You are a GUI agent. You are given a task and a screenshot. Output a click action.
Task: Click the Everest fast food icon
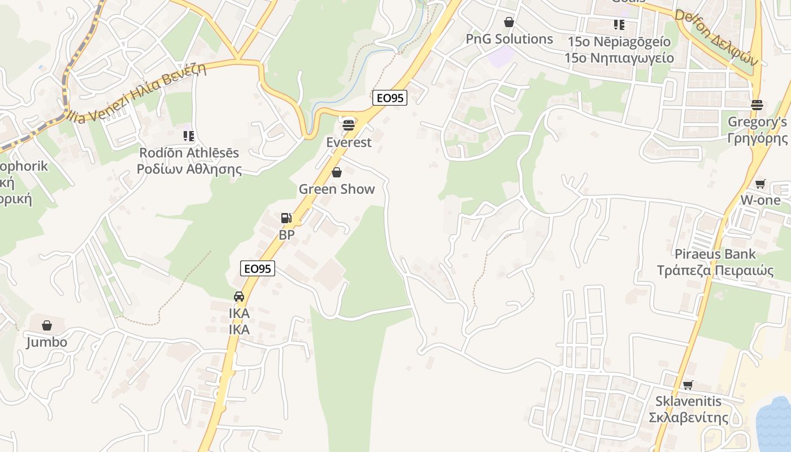(349, 124)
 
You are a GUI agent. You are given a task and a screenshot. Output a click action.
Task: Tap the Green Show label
(337, 189)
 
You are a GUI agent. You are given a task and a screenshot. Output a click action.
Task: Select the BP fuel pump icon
(286, 218)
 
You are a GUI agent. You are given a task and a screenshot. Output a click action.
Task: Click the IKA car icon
(239, 297)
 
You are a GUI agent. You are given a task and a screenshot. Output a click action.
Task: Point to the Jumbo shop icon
(47, 325)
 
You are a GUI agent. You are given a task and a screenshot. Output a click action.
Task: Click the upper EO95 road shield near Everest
(390, 98)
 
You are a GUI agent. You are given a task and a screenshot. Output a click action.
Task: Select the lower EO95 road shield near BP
(258, 269)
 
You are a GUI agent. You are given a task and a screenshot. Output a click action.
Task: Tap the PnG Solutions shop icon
(509, 22)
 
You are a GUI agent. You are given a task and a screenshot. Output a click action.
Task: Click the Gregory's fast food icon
(757, 105)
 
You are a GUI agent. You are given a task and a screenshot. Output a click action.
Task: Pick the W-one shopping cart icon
(760, 184)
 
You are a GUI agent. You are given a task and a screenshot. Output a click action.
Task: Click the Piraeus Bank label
(715, 254)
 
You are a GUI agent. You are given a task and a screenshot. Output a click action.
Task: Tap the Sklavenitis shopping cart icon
(688, 385)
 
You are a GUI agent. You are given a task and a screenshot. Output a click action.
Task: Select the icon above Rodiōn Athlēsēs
(189, 136)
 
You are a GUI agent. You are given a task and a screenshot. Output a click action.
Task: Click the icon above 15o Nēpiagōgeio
(619, 25)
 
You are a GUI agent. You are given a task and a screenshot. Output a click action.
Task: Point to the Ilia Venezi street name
(141, 93)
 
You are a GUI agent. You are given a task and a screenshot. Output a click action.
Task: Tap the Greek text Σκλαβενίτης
(688, 418)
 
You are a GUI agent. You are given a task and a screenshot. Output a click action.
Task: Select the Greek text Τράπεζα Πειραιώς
(715, 270)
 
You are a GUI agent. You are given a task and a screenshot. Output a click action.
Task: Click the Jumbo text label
(47, 342)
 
